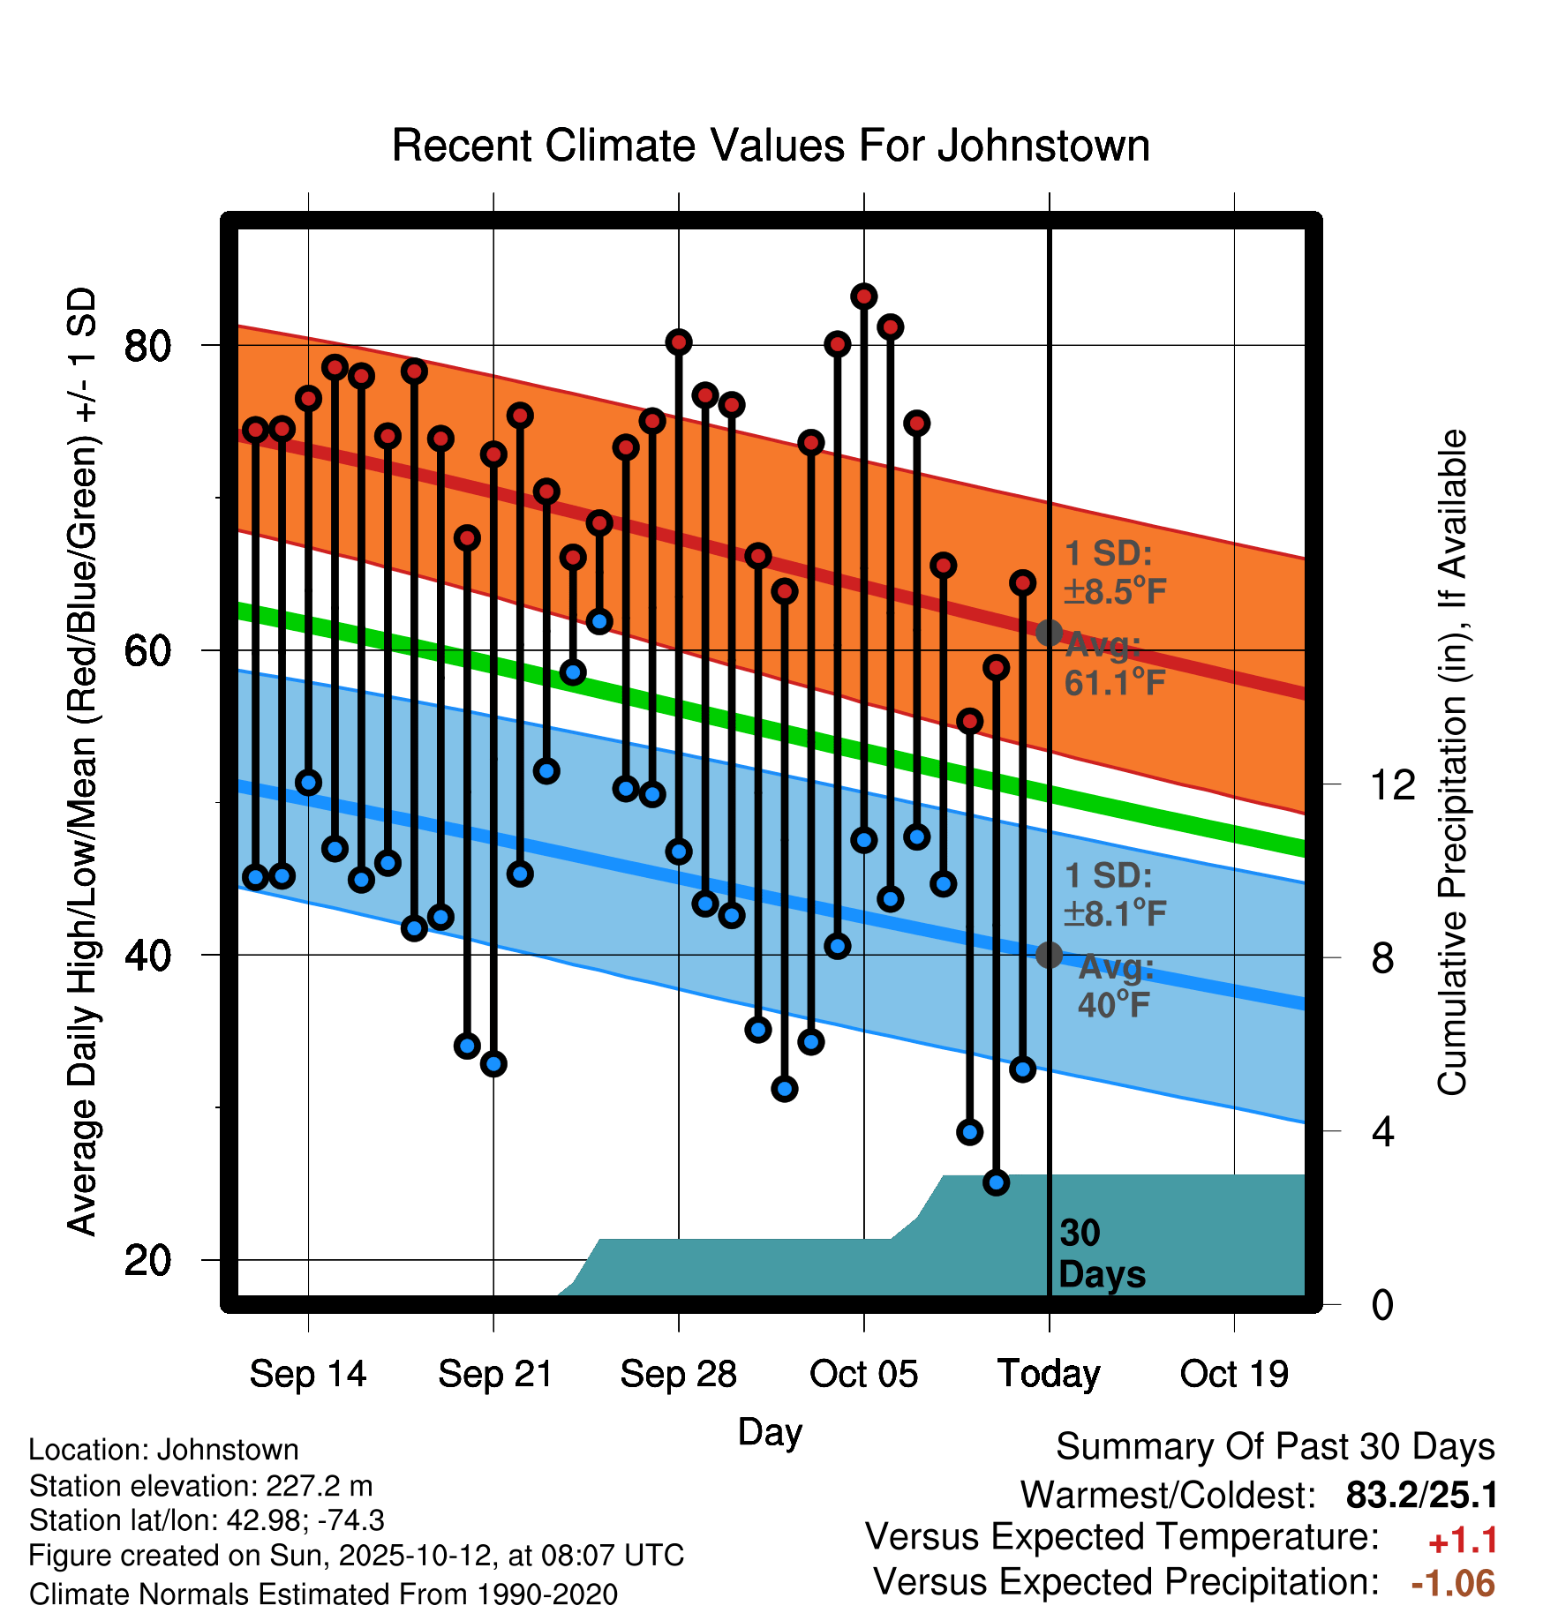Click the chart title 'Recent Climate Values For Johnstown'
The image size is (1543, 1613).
[771, 146]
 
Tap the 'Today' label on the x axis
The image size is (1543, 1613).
[1049, 1374]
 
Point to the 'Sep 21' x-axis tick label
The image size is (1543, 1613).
[494, 1374]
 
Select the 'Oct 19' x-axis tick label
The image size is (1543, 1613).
[1234, 1374]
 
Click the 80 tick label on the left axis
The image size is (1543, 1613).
[147, 345]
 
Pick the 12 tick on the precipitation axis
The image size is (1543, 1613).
[1392, 784]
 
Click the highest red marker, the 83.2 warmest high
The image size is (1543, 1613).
[863, 296]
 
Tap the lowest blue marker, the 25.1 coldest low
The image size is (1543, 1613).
[996, 1182]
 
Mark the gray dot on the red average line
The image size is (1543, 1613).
[1049, 633]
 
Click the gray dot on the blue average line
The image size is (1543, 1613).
[1049, 955]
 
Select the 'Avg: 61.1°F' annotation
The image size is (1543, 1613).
[1114, 664]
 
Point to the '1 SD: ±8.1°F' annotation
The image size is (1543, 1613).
[1114, 894]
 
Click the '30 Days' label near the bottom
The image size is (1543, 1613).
[1101, 1254]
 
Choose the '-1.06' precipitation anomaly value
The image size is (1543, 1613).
[1453, 1583]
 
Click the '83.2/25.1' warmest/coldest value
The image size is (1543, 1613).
[1421, 1496]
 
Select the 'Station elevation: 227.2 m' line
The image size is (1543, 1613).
[200, 1486]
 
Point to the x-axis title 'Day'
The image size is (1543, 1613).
[770, 1431]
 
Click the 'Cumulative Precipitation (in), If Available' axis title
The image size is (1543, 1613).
[1452, 762]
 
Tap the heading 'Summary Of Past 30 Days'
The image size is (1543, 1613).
[1275, 1447]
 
